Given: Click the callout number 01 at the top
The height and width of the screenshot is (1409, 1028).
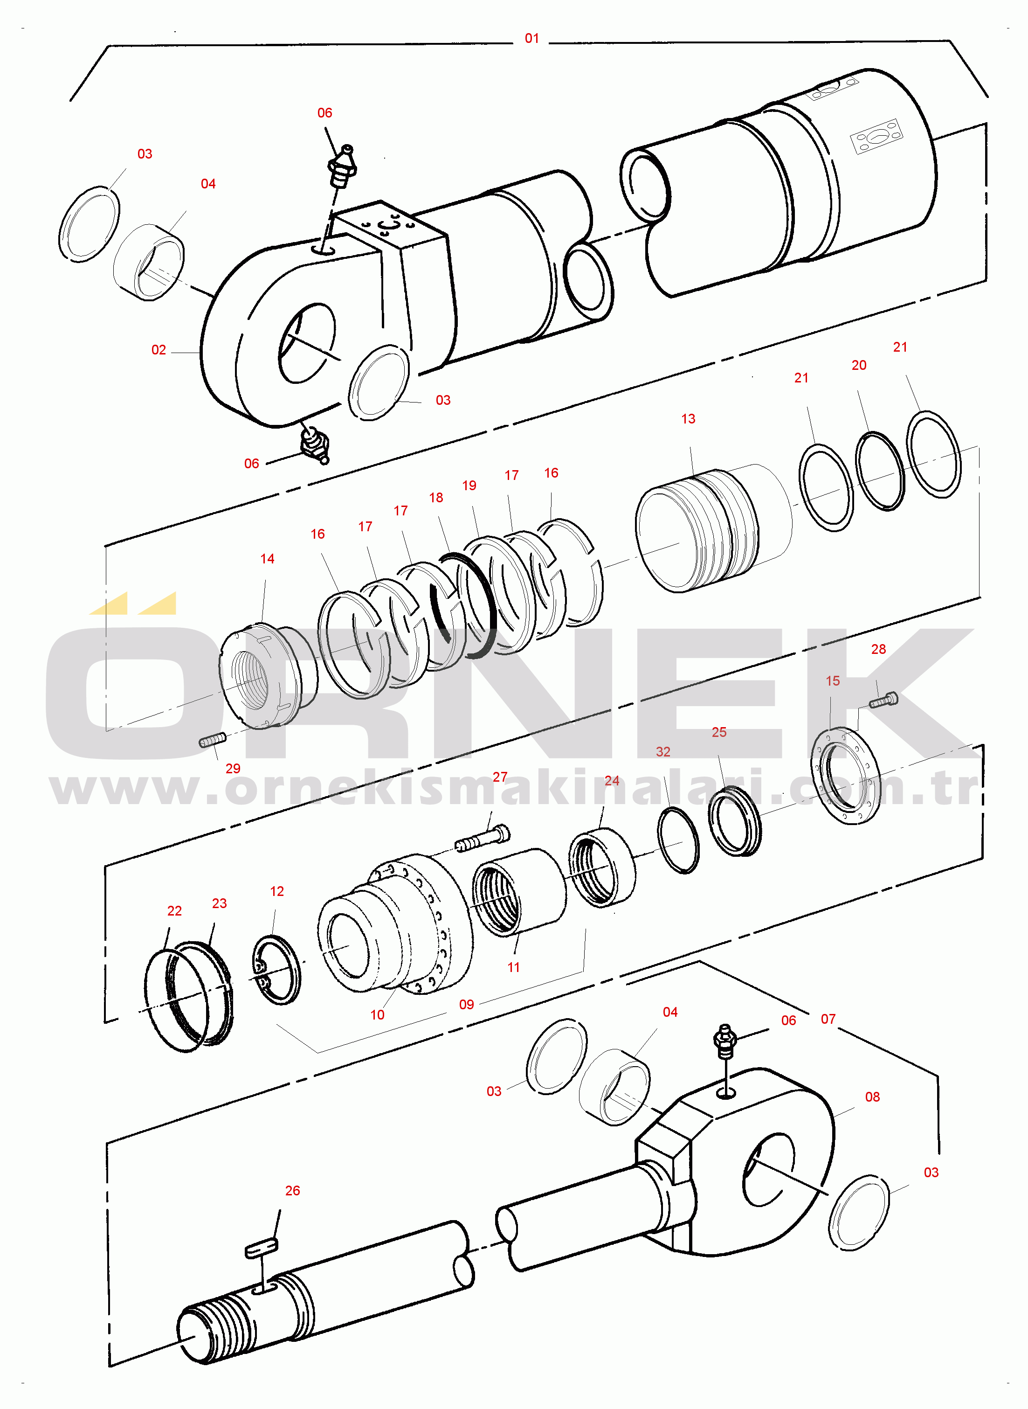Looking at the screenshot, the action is (x=531, y=39).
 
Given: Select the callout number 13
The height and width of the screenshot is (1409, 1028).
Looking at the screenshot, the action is (x=688, y=419).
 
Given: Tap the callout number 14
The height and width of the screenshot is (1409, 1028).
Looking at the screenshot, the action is (x=267, y=559).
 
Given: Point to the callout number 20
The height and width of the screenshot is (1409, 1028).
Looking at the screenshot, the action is (x=859, y=365).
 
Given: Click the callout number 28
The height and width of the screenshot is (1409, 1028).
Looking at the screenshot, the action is (x=878, y=649).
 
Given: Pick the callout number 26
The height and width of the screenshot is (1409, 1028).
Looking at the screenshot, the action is (x=292, y=1191).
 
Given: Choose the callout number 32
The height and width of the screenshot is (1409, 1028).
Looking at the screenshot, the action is (x=663, y=752).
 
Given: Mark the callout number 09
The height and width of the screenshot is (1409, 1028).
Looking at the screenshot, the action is (x=466, y=1005).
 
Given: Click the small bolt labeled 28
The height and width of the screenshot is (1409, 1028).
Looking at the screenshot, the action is (x=883, y=700).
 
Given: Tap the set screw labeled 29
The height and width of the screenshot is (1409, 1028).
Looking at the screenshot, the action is (x=212, y=741).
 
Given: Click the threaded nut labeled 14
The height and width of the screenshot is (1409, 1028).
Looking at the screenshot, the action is (x=260, y=675).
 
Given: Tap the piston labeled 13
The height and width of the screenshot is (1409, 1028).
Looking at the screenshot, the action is (x=697, y=531).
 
